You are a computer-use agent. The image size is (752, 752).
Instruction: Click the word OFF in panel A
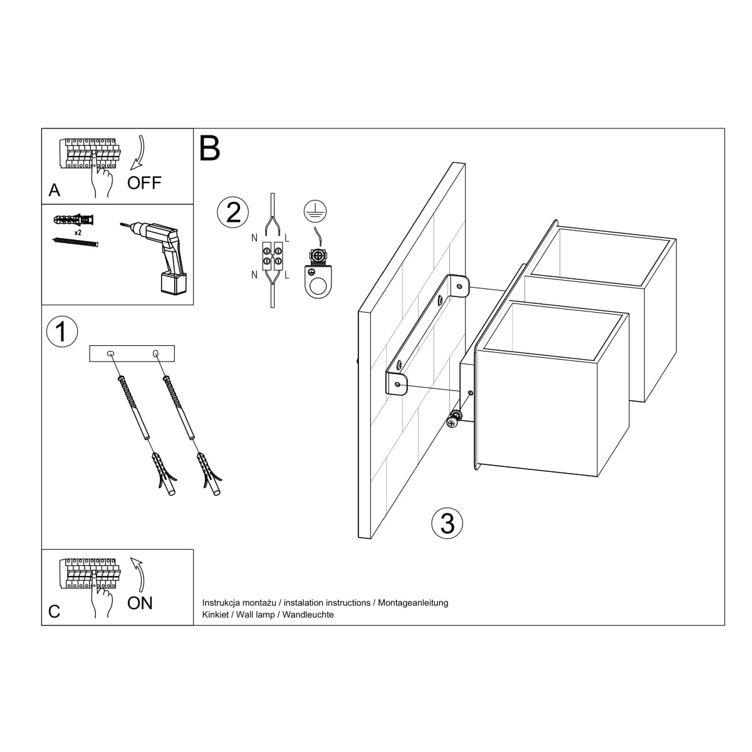click(x=144, y=182)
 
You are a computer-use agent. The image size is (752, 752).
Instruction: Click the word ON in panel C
click(x=140, y=603)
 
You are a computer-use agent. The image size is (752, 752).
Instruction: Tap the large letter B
click(x=210, y=149)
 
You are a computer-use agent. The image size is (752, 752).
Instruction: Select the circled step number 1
click(x=61, y=332)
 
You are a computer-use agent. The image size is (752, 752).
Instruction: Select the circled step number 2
click(x=232, y=212)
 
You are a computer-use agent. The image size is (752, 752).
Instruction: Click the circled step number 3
click(x=447, y=523)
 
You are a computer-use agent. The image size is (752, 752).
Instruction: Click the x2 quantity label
click(x=78, y=232)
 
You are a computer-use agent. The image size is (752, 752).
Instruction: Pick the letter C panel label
click(x=55, y=612)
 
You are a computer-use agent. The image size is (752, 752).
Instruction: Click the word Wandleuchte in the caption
click(x=308, y=615)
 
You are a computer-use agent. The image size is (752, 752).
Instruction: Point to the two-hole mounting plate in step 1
click(x=132, y=354)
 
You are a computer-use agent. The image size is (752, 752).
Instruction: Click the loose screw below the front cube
click(x=452, y=421)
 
